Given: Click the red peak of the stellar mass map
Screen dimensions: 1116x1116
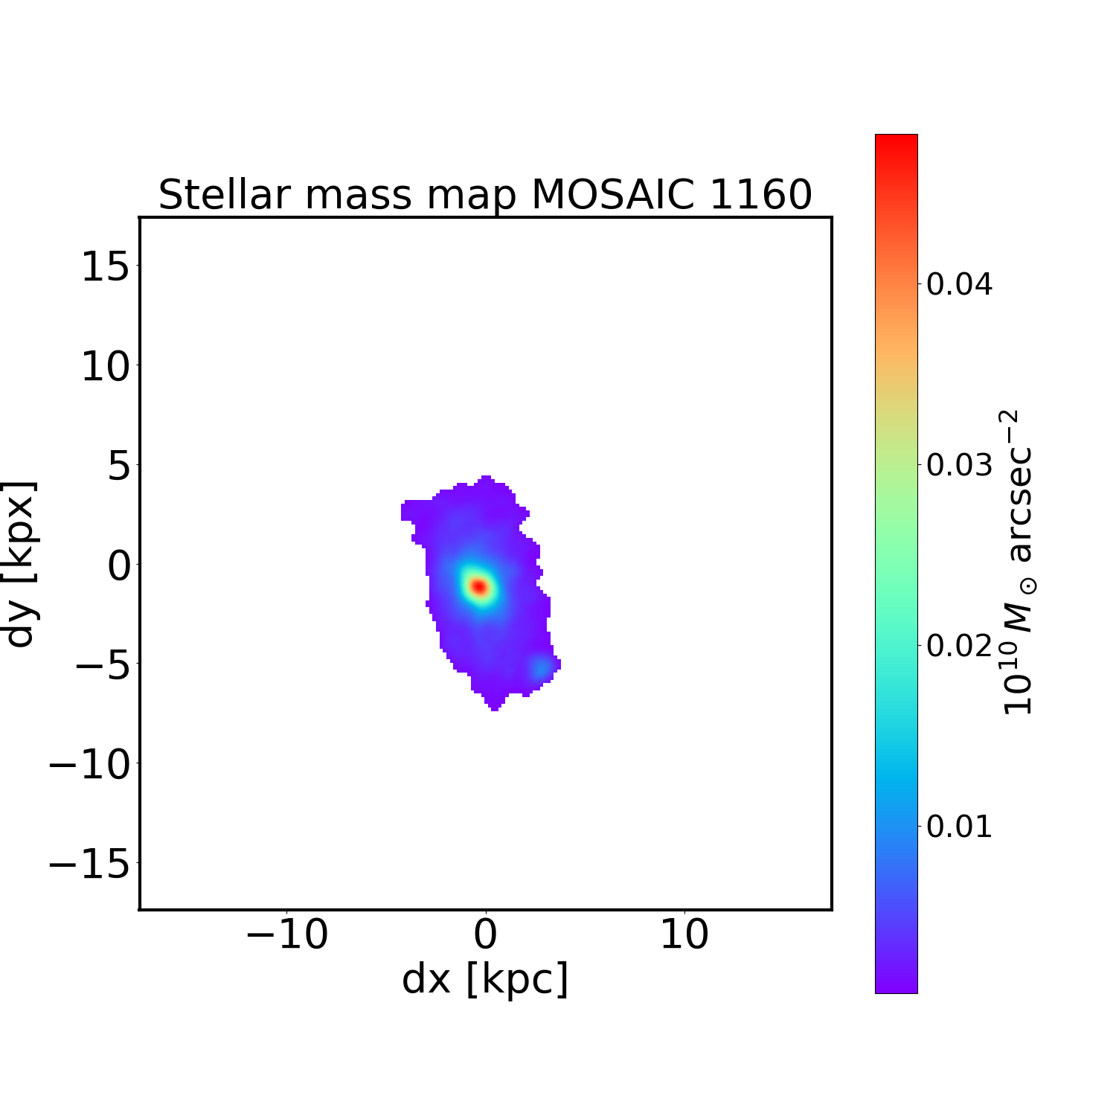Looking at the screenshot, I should [479, 587].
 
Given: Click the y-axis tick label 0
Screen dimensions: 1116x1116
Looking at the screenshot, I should [119, 565].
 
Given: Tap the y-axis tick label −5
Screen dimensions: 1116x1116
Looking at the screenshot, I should [100, 665].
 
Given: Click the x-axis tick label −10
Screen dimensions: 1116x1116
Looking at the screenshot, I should [286, 935].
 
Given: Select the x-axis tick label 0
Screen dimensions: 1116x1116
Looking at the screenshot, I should [485, 935].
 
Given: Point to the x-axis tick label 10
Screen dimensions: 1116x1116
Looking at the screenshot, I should [684, 935].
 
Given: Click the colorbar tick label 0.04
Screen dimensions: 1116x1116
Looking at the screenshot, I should [959, 284].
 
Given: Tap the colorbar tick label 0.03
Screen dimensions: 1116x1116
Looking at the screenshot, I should [959, 465].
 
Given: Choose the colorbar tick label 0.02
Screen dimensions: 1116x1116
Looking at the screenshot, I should [959, 646].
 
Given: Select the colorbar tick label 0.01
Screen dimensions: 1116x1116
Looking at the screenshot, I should [959, 827].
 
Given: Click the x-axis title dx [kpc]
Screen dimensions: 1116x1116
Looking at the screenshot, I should [485, 979].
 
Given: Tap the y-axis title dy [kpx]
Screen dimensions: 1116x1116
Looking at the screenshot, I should [20, 564].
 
